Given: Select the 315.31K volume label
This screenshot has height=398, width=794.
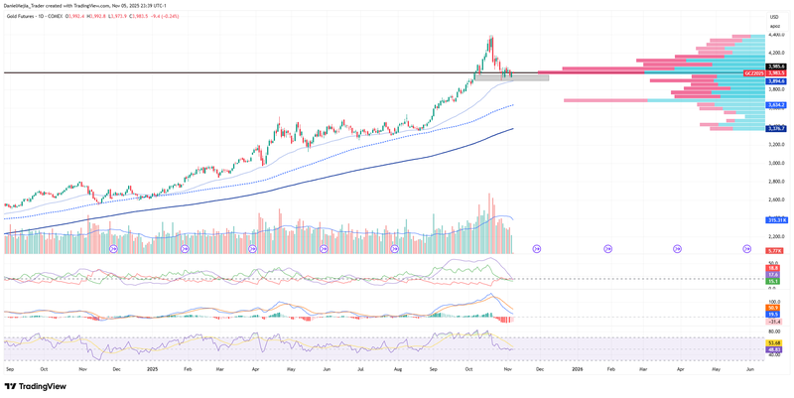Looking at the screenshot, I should [776, 219].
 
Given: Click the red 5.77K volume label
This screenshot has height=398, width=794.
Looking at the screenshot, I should [774, 251].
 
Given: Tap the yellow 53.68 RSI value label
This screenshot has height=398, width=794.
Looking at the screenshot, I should [774, 341].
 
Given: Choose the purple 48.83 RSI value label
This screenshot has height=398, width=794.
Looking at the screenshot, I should [774, 349].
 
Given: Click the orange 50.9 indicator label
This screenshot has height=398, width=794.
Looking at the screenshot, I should [773, 308].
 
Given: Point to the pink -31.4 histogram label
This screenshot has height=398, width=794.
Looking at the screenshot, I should [774, 322].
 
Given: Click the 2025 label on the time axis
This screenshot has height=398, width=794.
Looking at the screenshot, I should [153, 368].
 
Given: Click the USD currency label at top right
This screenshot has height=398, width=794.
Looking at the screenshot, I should [774, 17].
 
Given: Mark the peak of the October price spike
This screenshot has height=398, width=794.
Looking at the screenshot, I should [490, 38].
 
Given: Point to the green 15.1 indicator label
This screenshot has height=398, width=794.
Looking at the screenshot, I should [773, 281].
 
